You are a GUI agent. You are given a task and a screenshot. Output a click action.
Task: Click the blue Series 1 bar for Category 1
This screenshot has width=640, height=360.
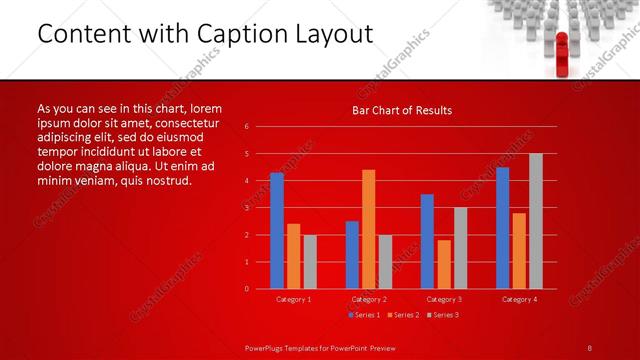[277, 230]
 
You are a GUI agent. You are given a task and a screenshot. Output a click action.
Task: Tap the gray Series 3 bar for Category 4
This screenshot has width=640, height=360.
[536, 221]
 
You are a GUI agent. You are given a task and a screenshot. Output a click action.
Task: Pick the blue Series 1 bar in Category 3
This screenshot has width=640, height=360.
[427, 241]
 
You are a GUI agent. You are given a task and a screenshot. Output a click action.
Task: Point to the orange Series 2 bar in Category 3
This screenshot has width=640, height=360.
[444, 264]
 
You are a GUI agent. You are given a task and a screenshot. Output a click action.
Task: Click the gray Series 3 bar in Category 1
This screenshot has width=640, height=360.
[310, 261]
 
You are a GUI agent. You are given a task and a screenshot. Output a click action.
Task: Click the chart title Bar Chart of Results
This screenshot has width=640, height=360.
[402, 110]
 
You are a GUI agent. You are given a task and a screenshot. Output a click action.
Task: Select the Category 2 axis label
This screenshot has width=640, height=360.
[369, 299]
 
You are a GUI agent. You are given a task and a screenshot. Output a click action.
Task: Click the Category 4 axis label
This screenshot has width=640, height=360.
[519, 299]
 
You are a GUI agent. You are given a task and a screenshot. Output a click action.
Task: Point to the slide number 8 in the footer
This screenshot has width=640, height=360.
[590, 347]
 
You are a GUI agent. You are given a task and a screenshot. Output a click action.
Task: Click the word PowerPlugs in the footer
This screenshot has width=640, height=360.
[268, 347]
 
